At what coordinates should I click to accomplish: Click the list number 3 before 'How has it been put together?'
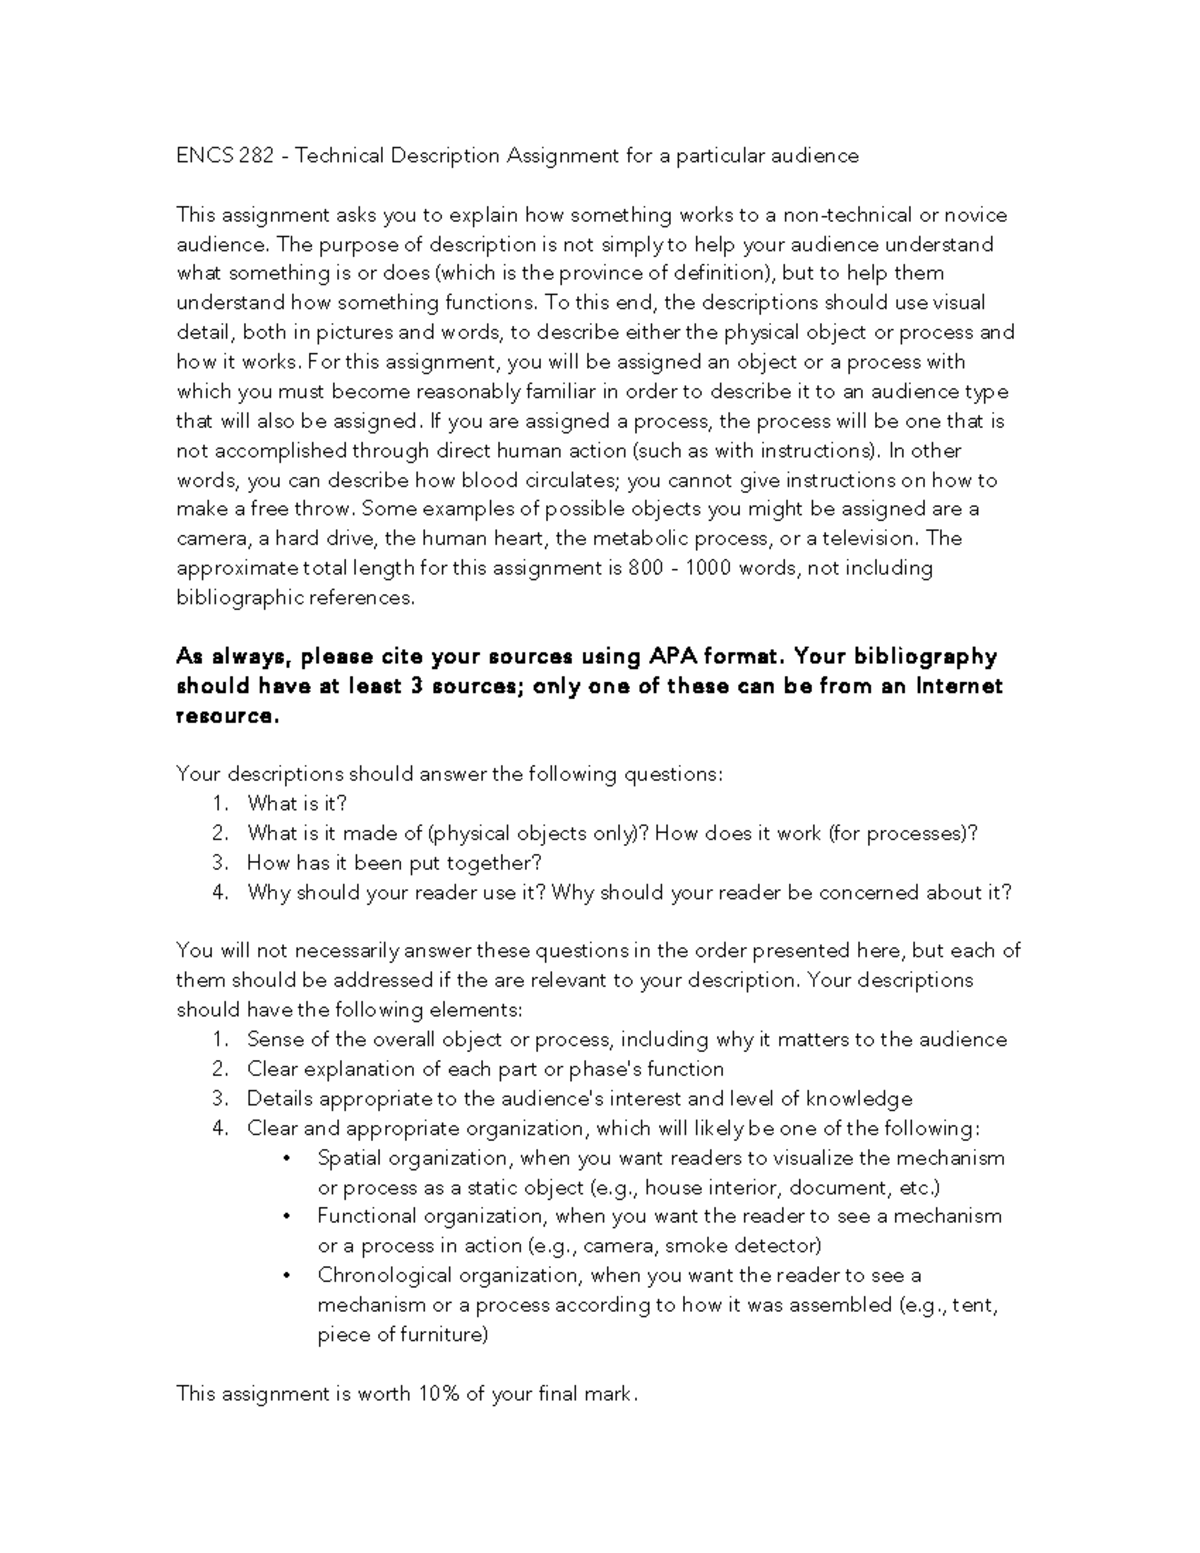pos(219,863)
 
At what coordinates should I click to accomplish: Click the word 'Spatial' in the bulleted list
pos(350,1158)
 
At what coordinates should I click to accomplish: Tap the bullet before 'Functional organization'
pos(288,1217)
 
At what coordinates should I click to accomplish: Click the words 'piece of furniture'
pos(402,1335)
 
